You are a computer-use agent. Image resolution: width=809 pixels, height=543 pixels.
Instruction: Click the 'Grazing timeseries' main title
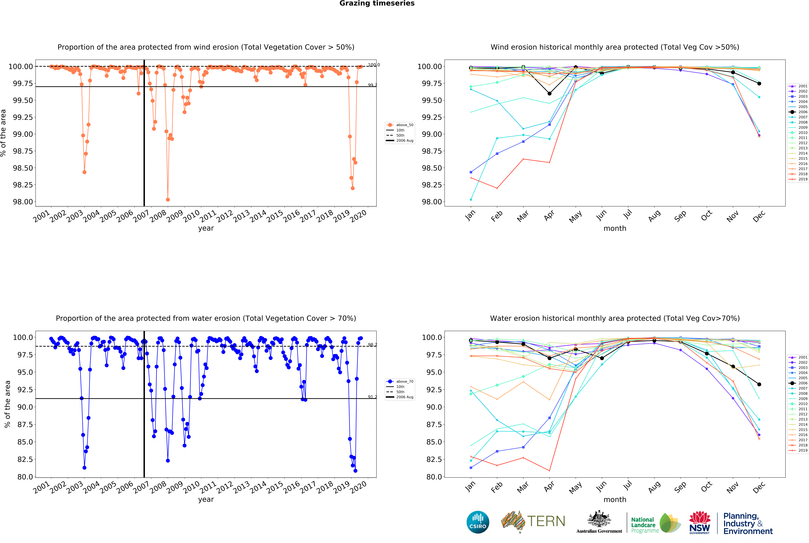pyautogui.click(x=377, y=3)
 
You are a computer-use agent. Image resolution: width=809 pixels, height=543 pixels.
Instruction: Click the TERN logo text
pyautogui.click(x=546, y=521)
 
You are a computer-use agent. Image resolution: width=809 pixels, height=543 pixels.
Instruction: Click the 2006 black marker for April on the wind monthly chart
pyautogui.click(x=549, y=94)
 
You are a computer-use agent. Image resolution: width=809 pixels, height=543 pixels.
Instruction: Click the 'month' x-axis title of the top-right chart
pyautogui.click(x=615, y=229)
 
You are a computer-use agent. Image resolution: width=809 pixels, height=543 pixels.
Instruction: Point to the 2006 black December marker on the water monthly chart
pyautogui.click(x=759, y=384)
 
